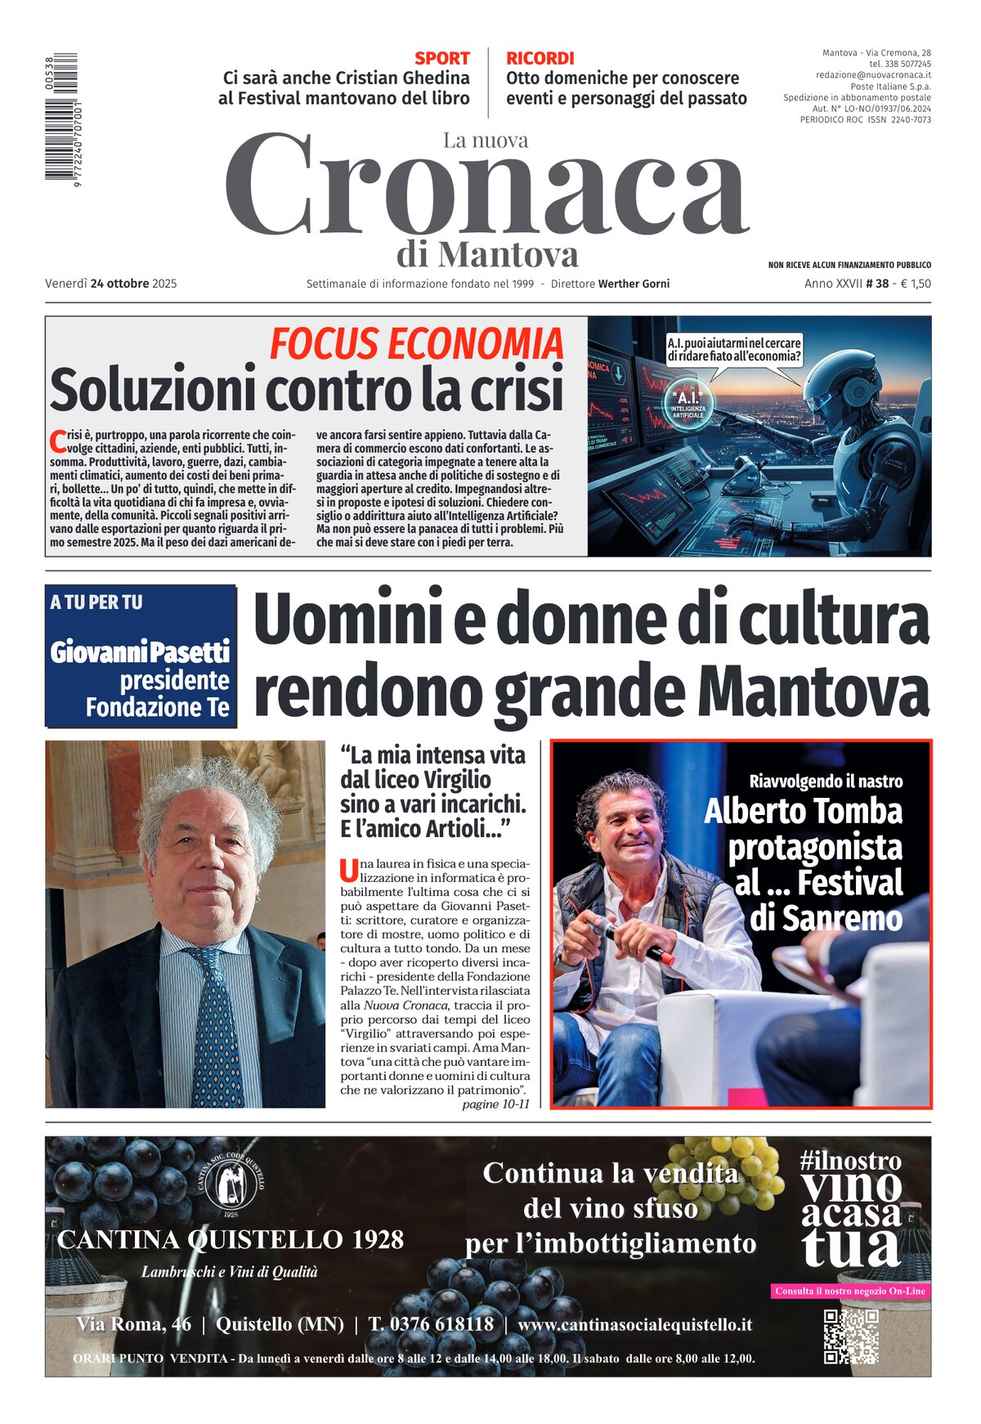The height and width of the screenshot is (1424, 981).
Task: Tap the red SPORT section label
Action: (441, 58)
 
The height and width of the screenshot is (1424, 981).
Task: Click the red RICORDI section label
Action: (540, 58)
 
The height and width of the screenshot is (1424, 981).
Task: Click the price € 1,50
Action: (915, 284)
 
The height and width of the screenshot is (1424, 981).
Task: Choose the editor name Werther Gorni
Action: (634, 284)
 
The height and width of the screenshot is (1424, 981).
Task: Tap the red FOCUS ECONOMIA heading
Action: (416, 343)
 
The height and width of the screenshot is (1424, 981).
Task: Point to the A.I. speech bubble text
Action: (733, 350)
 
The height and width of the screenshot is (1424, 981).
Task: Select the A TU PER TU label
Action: (96, 602)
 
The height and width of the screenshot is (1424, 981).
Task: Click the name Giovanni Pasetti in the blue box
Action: (140, 652)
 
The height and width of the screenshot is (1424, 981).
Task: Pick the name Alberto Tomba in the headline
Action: (803, 812)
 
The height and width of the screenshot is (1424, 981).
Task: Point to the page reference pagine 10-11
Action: (495, 1104)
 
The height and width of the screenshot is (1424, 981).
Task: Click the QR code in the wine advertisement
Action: (850, 1337)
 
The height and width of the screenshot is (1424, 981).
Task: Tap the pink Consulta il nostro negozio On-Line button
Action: (850, 1291)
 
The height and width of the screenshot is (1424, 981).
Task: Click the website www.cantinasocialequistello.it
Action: (634, 1324)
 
